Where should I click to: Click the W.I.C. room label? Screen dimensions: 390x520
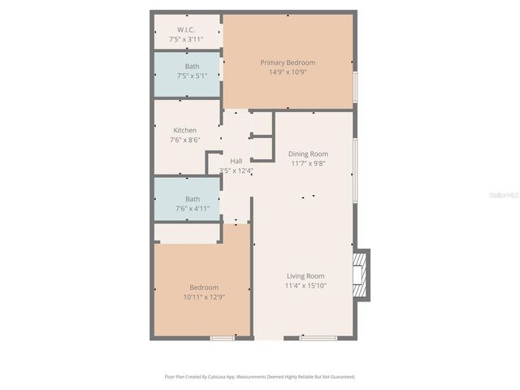186,30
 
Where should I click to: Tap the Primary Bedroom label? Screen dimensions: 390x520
288,63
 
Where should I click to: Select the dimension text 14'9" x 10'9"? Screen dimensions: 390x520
288,71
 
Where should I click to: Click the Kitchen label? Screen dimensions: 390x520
184,130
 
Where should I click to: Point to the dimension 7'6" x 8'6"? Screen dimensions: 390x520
184,140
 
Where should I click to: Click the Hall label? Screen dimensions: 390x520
236,161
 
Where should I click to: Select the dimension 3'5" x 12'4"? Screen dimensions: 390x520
236,171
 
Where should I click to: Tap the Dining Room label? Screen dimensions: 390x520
308,154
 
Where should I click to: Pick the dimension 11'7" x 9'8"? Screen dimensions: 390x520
308,163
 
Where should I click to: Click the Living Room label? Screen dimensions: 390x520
305,276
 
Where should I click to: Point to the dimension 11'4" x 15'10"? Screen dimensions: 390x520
305,286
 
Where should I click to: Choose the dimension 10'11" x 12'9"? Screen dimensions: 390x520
204,297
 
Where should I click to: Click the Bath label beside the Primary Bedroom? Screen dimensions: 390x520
192,67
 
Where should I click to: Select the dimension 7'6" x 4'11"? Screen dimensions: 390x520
193,209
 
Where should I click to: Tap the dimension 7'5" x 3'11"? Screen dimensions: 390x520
186,39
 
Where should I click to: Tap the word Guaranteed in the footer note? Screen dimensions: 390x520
338,377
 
